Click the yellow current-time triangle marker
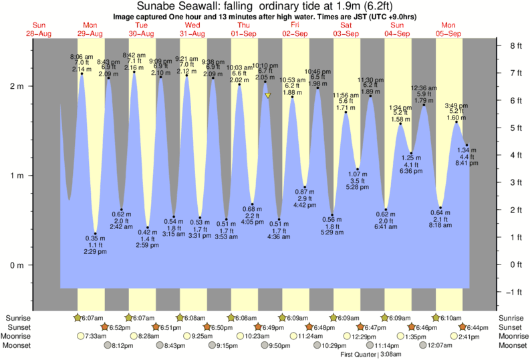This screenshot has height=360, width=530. pos(267,96)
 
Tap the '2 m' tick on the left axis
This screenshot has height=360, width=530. pos(24,86)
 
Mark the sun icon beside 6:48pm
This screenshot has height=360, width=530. pos(310,327)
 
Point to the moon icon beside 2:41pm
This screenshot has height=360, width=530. pos(454,336)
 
